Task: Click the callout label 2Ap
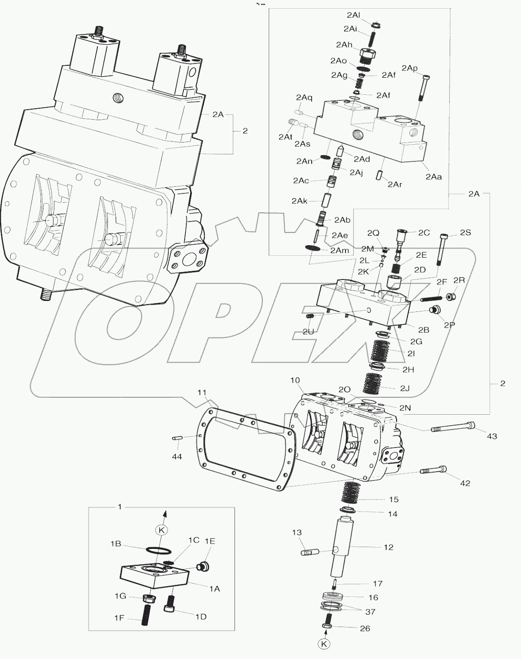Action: pos(409,68)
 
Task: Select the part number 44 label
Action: pos(177,457)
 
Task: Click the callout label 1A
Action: pos(214,589)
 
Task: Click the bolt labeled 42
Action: pos(432,470)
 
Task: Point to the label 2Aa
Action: pos(433,177)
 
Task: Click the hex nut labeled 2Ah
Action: pos(367,55)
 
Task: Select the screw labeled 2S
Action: pos(441,249)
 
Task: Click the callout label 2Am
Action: pos(339,250)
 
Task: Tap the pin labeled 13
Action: pos(309,553)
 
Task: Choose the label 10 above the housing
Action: pos(295,380)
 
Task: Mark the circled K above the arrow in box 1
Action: pos(161,530)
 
